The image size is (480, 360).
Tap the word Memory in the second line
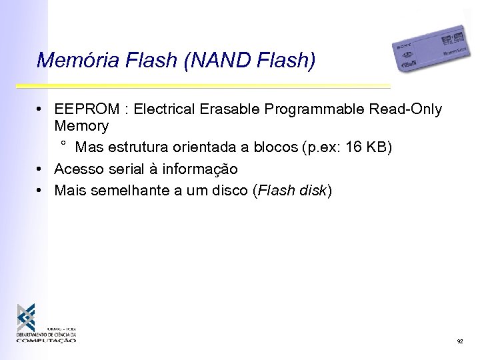pyautogui.click(x=81, y=125)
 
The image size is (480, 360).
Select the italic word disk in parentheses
pyautogui.click(x=312, y=191)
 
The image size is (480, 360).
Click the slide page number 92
pyautogui.click(x=459, y=341)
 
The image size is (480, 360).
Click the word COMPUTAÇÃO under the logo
pyautogui.click(x=47, y=340)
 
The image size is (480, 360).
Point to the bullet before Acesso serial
pyautogui.click(x=41, y=169)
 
